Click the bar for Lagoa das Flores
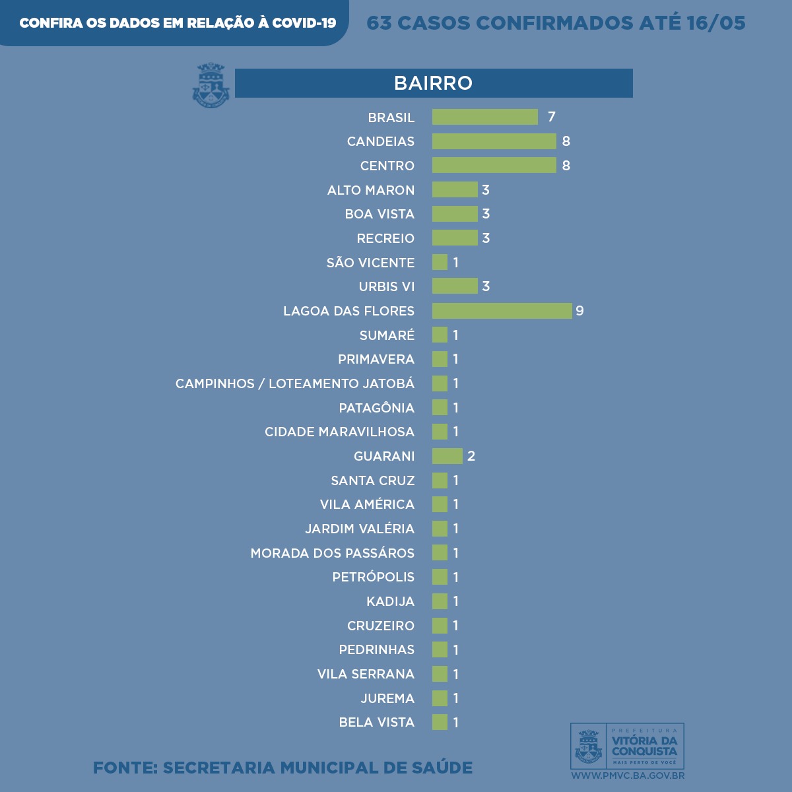pyautogui.click(x=502, y=311)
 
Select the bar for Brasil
pyautogui.click(x=485, y=117)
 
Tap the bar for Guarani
pyautogui.click(x=447, y=456)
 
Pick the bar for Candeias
pyautogui.click(x=494, y=141)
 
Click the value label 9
pyautogui.click(x=579, y=311)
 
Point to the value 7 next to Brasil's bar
pyautogui.click(x=552, y=117)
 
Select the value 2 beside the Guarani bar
pyautogui.click(x=471, y=456)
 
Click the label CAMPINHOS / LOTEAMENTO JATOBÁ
pyautogui.click(x=295, y=383)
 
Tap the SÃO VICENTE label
pyautogui.click(x=370, y=263)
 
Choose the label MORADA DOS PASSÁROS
pyautogui.click(x=333, y=553)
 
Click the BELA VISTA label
pyautogui.click(x=377, y=722)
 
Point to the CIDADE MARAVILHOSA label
pyautogui.click(x=339, y=432)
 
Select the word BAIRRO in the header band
pyautogui.click(x=433, y=83)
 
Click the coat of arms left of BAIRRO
pyautogui.click(x=211, y=85)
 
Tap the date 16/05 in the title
pyautogui.click(x=716, y=23)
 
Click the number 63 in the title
pyautogui.click(x=379, y=23)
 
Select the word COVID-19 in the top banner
pyautogui.click(x=304, y=23)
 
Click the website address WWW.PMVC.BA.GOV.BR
pyautogui.click(x=627, y=775)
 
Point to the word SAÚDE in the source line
pyautogui.click(x=442, y=768)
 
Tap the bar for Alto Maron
pyautogui.click(x=455, y=190)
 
